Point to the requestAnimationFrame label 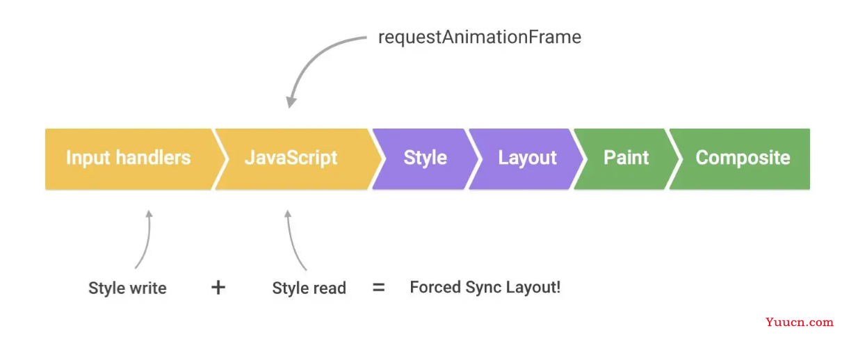coord(480,38)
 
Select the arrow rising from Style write coord(147,240)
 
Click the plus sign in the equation coord(218,288)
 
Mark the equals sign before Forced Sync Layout coord(378,288)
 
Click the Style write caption coord(127,288)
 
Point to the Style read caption coord(309,288)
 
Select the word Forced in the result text coord(435,288)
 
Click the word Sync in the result coord(484,288)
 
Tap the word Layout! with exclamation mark coord(533,288)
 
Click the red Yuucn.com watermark coord(799,322)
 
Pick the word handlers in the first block coord(153,158)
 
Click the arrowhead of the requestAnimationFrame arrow coord(291,101)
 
